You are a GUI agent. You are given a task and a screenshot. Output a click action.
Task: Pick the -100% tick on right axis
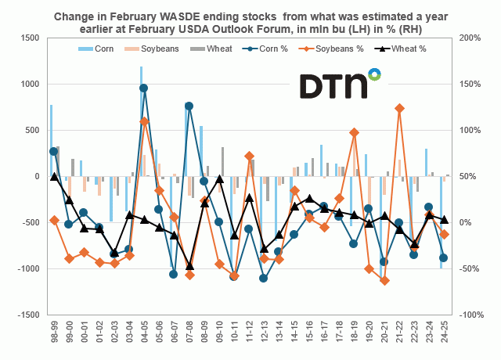pos(472,315)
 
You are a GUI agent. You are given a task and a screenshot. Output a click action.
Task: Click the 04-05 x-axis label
pos(144,335)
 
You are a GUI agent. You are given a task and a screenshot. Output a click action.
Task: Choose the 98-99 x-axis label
pos(53,335)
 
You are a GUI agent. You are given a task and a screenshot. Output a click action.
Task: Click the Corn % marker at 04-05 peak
pos(144,88)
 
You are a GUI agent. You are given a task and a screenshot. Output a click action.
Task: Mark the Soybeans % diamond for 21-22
pos(400,108)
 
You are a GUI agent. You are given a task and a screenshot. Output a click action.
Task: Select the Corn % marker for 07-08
pos(189,106)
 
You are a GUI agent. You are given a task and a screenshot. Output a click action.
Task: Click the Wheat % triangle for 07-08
pos(189,265)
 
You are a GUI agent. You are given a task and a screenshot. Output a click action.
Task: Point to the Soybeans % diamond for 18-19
pos(355,133)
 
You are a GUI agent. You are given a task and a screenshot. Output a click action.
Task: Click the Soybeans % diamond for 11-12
pos(249,156)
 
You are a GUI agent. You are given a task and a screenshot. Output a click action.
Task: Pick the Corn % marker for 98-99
pos(53,152)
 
